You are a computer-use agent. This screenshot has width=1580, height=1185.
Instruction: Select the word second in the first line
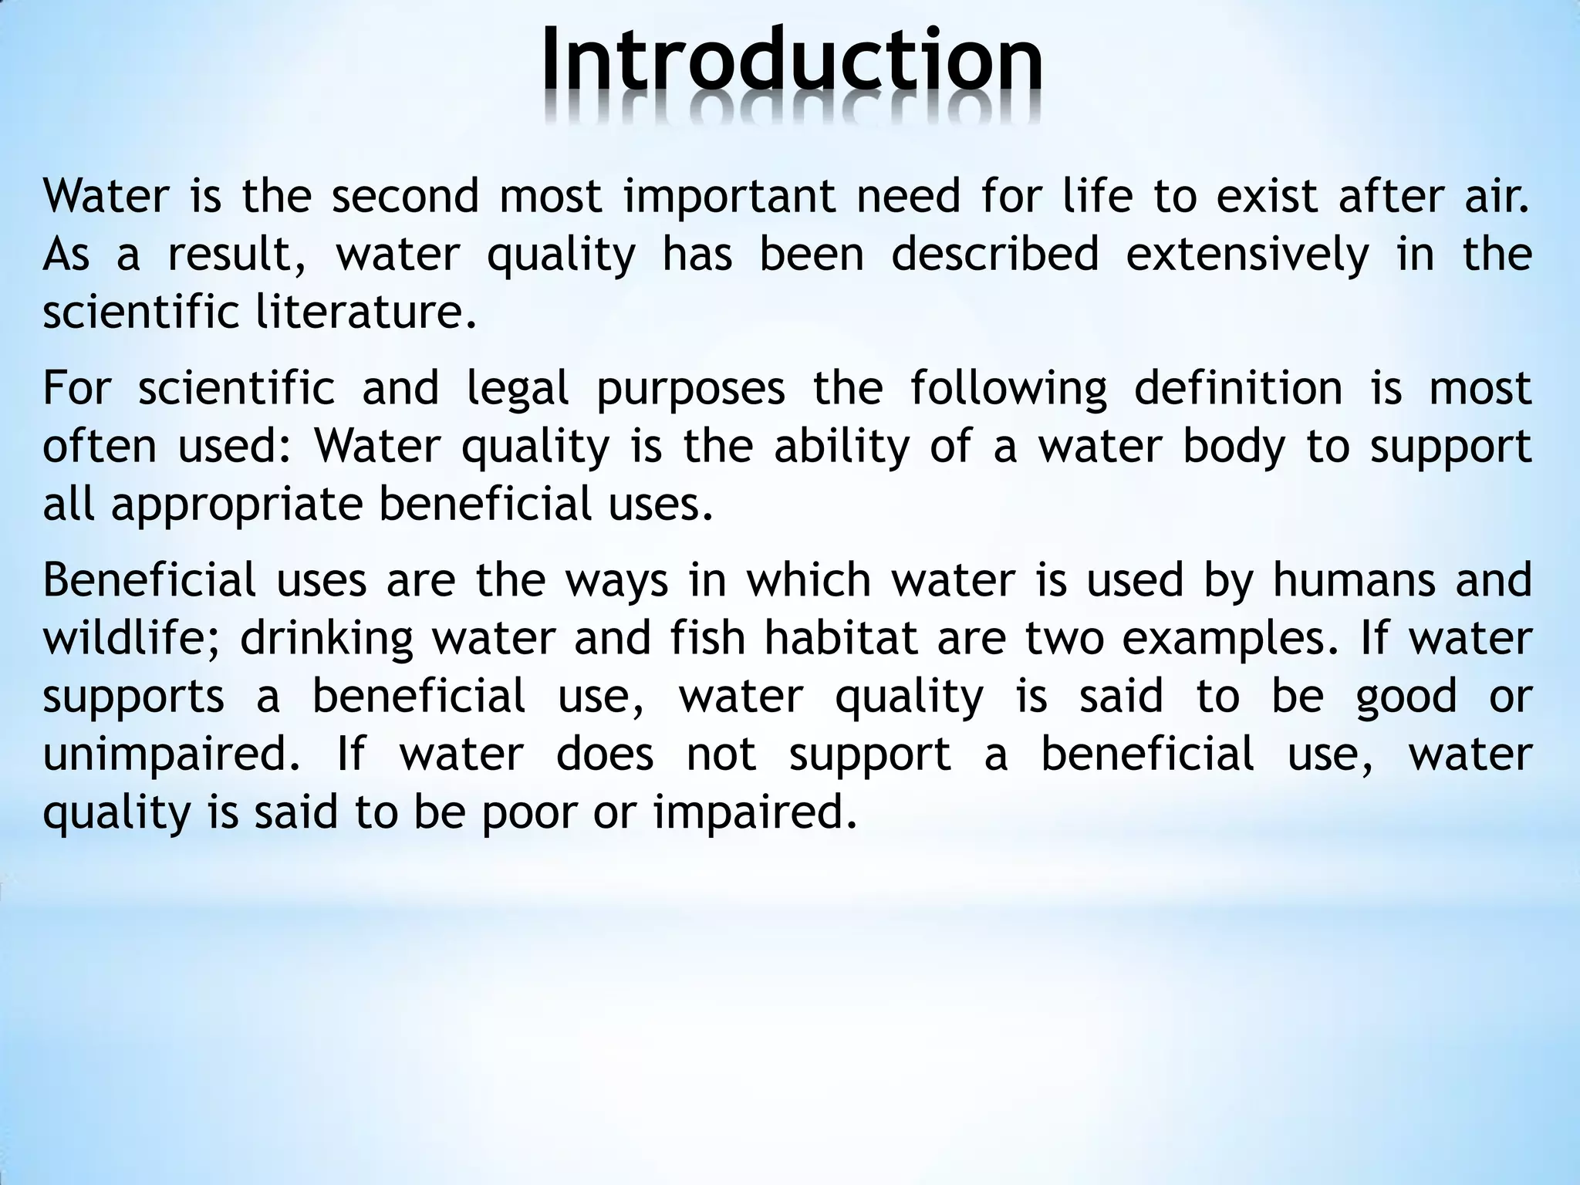[406, 196]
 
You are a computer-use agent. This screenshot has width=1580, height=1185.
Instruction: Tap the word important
[730, 196]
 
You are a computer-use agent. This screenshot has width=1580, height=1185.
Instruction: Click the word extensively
[1247, 255]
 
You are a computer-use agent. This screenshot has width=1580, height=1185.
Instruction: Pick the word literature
[366, 312]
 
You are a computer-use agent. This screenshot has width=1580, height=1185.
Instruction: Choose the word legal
[518, 389]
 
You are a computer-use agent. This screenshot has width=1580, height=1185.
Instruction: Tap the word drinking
[327, 640]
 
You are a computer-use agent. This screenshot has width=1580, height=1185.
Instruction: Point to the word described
[995, 255]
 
